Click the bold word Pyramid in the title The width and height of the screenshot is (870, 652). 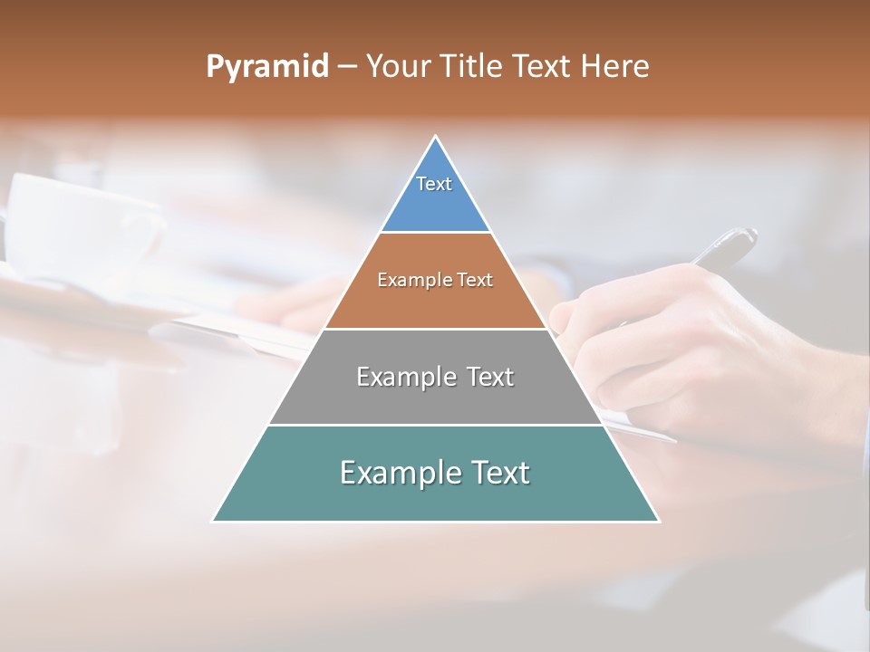point(267,67)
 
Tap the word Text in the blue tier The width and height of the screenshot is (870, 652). point(434,184)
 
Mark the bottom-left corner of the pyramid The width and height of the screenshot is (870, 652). point(213,521)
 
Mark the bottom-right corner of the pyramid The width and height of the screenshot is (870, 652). point(659,521)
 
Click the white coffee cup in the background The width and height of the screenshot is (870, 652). point(82,222)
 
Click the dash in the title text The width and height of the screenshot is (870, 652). point(347,67)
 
